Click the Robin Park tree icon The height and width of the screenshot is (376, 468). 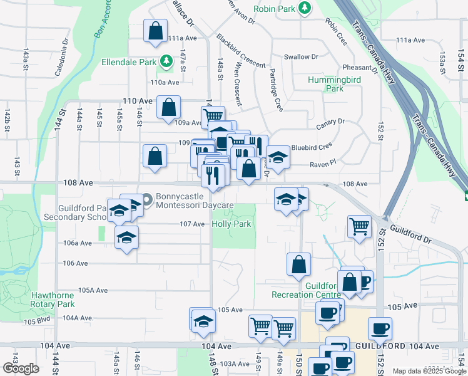coord(305,8)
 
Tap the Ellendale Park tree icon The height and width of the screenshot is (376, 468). coord(166,61)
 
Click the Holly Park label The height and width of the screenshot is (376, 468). coord(231,224)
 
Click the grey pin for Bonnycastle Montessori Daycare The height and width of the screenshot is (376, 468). coord(148,201)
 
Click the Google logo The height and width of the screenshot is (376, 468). coord(20,368)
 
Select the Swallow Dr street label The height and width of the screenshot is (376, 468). coord(301,57)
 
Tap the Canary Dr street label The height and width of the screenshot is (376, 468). coord(331,122)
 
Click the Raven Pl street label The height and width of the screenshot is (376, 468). coord(323,162)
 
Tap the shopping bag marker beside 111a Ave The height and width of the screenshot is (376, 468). coord(155,31)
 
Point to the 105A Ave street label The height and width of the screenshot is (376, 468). coord(94,291)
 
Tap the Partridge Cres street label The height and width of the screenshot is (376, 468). coord(275,91)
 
